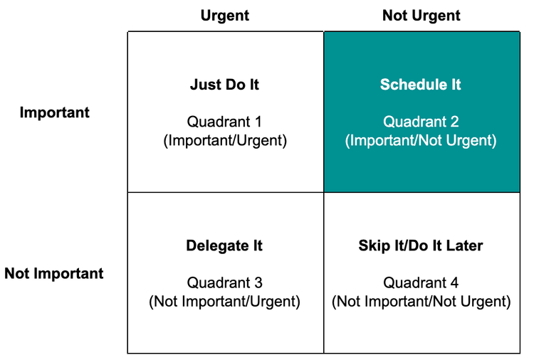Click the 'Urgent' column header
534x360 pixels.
click(x=224, y=15)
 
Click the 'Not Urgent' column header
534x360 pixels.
click(x=421, y=15)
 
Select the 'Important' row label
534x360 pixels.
click(x=54, y=112)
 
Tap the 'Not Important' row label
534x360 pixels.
click(x=54, y=273)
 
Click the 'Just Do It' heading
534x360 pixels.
click(x=224, y=85)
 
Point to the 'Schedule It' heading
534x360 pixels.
click(x=421, y=85)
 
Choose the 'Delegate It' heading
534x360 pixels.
click(x=224, y=246)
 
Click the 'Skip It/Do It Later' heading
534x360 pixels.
click(x=421, y=246)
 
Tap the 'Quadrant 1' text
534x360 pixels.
click(x=224, y=122)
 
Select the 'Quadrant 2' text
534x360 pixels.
click(x=421, y=122)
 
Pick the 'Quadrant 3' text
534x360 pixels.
click(x=224, y=282)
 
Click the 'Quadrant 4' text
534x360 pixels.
click(x=421, y=282)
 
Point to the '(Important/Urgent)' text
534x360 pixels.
click(x=224, y=140)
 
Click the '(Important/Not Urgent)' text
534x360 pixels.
click(x=421, y=140)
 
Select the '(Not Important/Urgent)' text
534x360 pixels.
click(x=224, y=301)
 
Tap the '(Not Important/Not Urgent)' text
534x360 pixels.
click(x=421, y=301)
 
